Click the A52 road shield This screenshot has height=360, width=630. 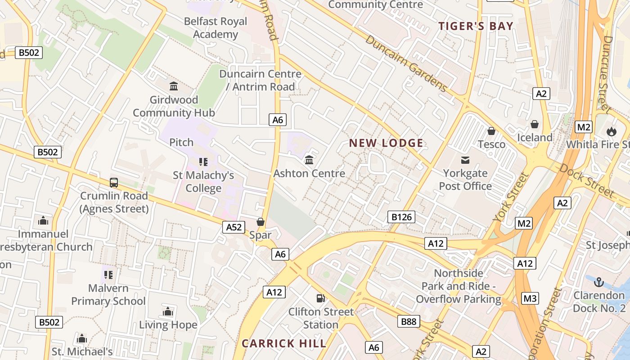[x=234, y=227]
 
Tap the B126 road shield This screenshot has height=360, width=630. [x=401, y=217]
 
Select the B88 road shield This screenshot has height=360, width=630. [x=409, y=321]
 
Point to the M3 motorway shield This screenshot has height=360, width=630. [x=530, y=298]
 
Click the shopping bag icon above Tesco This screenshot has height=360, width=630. [x=491, y=131]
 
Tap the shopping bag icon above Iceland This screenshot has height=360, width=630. [x=535, y=124]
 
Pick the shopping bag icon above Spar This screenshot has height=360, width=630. [x=260, y=222]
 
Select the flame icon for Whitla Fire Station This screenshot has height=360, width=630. [x=611, y=131]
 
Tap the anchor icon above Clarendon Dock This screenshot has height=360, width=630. [x=598, y=283]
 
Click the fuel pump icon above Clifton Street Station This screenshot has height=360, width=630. [x=320, y=298]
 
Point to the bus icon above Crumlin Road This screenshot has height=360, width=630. [x=114, y=183]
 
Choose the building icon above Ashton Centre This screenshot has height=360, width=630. [x=309, y=160]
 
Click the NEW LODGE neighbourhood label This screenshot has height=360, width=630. [x=386, y=144]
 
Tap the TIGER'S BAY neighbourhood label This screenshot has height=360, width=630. [x=476, y=26]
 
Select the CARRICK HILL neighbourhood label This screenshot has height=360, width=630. [x=284, y=344]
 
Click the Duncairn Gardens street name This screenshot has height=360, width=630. [x=406, y=63]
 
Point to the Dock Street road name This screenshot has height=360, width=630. [x=586, y=180]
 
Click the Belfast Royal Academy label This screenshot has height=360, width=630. [x=216, y=28]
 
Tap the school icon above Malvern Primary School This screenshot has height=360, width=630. [x=108, y=274]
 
